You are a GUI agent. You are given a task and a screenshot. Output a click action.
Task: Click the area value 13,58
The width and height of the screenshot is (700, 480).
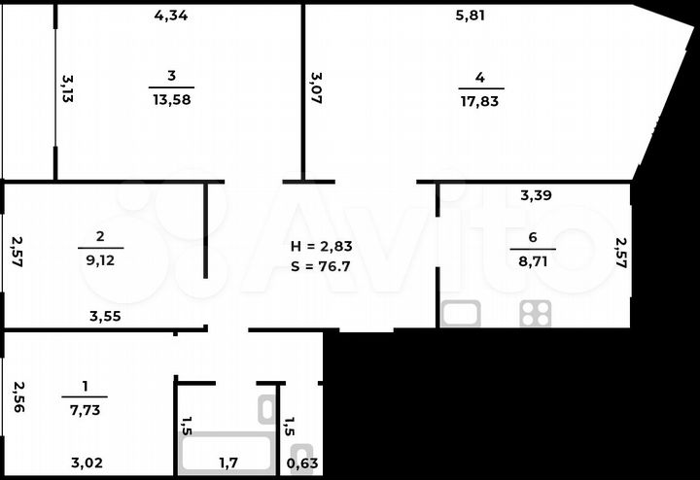tap(172, 99)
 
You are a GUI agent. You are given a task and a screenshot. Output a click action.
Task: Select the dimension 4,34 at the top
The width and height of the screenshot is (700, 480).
tap(172, 15)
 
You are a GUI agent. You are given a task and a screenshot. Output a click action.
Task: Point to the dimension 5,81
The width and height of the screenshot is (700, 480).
tap(471, 15)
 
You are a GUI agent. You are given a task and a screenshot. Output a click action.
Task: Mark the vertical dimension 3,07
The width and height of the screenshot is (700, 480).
tap(316, 87)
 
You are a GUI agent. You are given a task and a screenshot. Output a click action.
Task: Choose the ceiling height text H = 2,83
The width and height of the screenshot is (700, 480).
tap(321, 246)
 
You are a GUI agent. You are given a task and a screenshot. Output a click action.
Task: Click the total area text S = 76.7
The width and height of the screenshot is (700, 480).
tap(321, 265)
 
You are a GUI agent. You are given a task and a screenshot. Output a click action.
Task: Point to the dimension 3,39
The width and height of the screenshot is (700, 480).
tap(538, 195)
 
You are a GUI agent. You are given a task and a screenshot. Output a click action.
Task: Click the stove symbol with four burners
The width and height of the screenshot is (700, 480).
tap(535, 313)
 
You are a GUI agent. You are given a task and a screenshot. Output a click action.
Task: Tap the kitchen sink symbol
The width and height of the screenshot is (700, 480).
tap(461, 313)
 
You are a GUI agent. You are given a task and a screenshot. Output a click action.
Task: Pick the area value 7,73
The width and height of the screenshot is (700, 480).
tap(85, 409)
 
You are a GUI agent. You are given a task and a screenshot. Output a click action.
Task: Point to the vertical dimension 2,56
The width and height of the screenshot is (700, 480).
tap(17, 396)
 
